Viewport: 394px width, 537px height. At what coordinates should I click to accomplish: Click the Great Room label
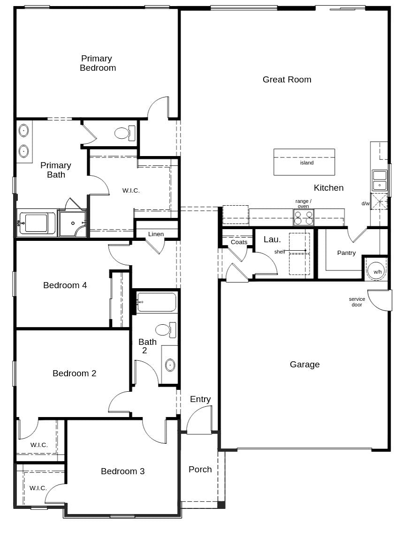pyautogui.click(x=287, y=80)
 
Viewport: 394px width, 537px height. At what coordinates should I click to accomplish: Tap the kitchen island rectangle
pyautogui.click(x=304, y=162)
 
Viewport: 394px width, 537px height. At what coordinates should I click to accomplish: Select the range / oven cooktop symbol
pyautogui.click(x=303, y=218)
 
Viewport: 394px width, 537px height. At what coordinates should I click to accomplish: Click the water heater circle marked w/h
pyautogui.click(x=377, y=270)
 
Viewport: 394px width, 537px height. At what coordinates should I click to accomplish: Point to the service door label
pyautogui.click(x=356, y=302)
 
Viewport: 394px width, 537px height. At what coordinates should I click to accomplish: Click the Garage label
pyautogui.click(x=304, y=365)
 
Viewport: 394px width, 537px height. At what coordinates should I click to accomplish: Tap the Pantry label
pyautogui.click(x=346, y=253)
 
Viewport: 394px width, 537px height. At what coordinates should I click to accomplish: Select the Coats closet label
pyautogui.click(x=239, y=242)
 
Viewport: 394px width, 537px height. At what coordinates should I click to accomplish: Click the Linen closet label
pyautogui.click(x=156, y=234)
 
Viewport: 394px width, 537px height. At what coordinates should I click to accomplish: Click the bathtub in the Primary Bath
pyautogui.click(x=37, y=223)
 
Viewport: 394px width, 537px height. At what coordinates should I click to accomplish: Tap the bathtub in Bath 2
pyautogui.click(x=156, y=302)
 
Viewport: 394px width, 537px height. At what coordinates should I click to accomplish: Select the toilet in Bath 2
pyautogui.click(x=165, y=330)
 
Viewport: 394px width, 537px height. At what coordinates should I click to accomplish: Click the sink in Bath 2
pyautogui.click(x=170, y=365)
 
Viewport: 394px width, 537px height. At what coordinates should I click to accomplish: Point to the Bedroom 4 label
pyautogui.click(x=65, y=285)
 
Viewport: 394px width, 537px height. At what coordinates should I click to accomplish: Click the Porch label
pyautogui.click(x=200, y=470)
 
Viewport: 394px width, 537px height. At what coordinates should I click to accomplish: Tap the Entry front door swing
pyautogui.click(x=200, y=420)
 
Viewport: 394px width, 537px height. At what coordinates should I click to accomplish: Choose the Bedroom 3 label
pyautogui.click(x=122, y=471)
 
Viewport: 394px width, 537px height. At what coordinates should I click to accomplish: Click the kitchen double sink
pyautogui.click(x=379, y=180)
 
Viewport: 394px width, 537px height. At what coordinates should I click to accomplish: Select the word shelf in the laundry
pyautogui.click(x=280, y=252)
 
